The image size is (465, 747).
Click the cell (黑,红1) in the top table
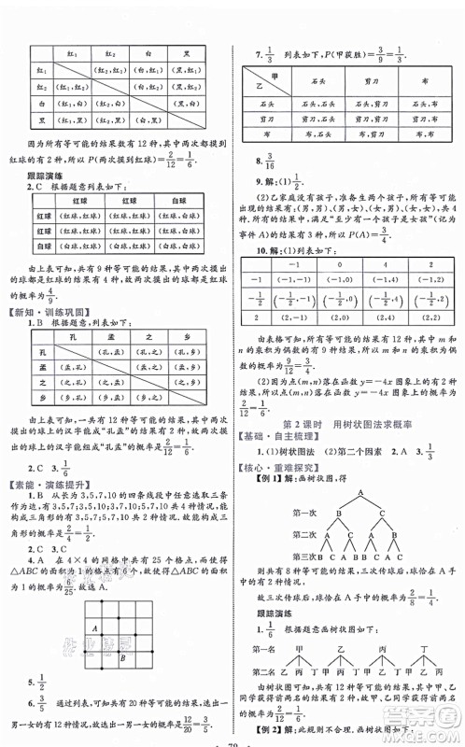[x=76, y=120]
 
